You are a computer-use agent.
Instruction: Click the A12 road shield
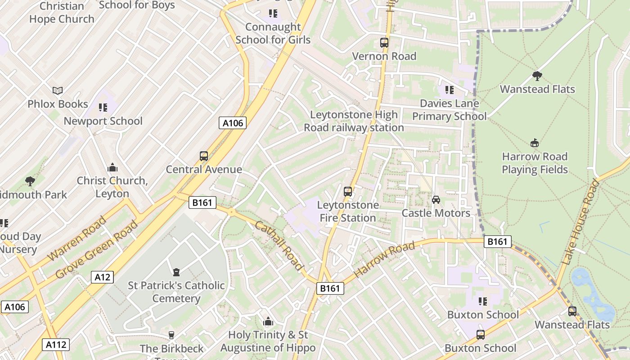(x=102, y=277)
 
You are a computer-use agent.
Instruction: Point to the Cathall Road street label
(x=279, y=245)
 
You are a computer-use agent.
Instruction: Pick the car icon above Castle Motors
(x=436, y=199)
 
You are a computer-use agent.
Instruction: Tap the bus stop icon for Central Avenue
(x=204, y=156)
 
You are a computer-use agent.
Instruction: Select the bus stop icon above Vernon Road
(x=384, y=43)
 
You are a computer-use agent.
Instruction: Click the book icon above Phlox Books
(x=58, y=90)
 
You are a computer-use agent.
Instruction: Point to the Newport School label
(x=103, y=121)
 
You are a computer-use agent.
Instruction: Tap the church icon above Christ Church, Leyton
(x=112, y=168)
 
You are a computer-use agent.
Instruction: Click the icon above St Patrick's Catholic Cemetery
(x=176, y=272)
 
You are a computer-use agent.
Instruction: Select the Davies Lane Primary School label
(x=449, y=110)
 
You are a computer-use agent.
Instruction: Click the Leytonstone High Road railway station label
(x=354, y=121)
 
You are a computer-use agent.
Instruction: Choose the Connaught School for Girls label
(x=273, y=33)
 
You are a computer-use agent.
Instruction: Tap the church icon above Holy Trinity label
(x=268, y=322)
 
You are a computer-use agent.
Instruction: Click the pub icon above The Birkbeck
(x=171, y=335)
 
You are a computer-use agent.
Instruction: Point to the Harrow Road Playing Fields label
(x=535, y=163)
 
